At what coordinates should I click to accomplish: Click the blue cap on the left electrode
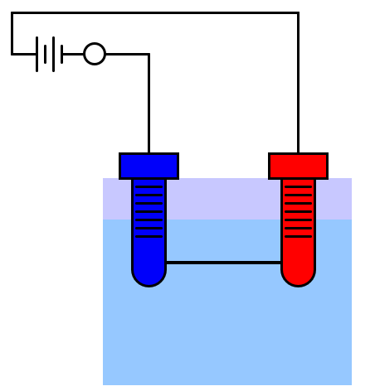(x=149, y=166)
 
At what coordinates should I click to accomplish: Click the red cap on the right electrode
(x=298, y=166)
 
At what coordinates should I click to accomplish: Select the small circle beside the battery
(x=95, y=54)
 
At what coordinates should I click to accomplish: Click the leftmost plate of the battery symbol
(x=37, y=54)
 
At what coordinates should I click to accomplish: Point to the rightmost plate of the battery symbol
(x=62, y=54)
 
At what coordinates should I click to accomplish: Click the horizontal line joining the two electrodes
(x=223, y=263)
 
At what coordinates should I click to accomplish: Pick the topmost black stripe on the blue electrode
(x=149, y=186)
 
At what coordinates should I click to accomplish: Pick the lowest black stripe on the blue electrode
(x=149, y=236)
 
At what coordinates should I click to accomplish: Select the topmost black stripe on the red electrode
(x=298, y=186)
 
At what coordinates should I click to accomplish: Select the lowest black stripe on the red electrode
(x=298, y=236)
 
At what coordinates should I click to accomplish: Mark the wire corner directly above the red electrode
(x=298, y=13)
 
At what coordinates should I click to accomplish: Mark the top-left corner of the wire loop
(x=12, y=13)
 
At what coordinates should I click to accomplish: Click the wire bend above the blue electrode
(x=149, y=55)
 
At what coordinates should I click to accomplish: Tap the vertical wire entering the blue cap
(x=149, y=108)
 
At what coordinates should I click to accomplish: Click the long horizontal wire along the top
(x=158, y=13)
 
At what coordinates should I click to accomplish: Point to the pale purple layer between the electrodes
(x=223, y=199)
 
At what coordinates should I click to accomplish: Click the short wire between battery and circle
(x=73, y=54)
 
